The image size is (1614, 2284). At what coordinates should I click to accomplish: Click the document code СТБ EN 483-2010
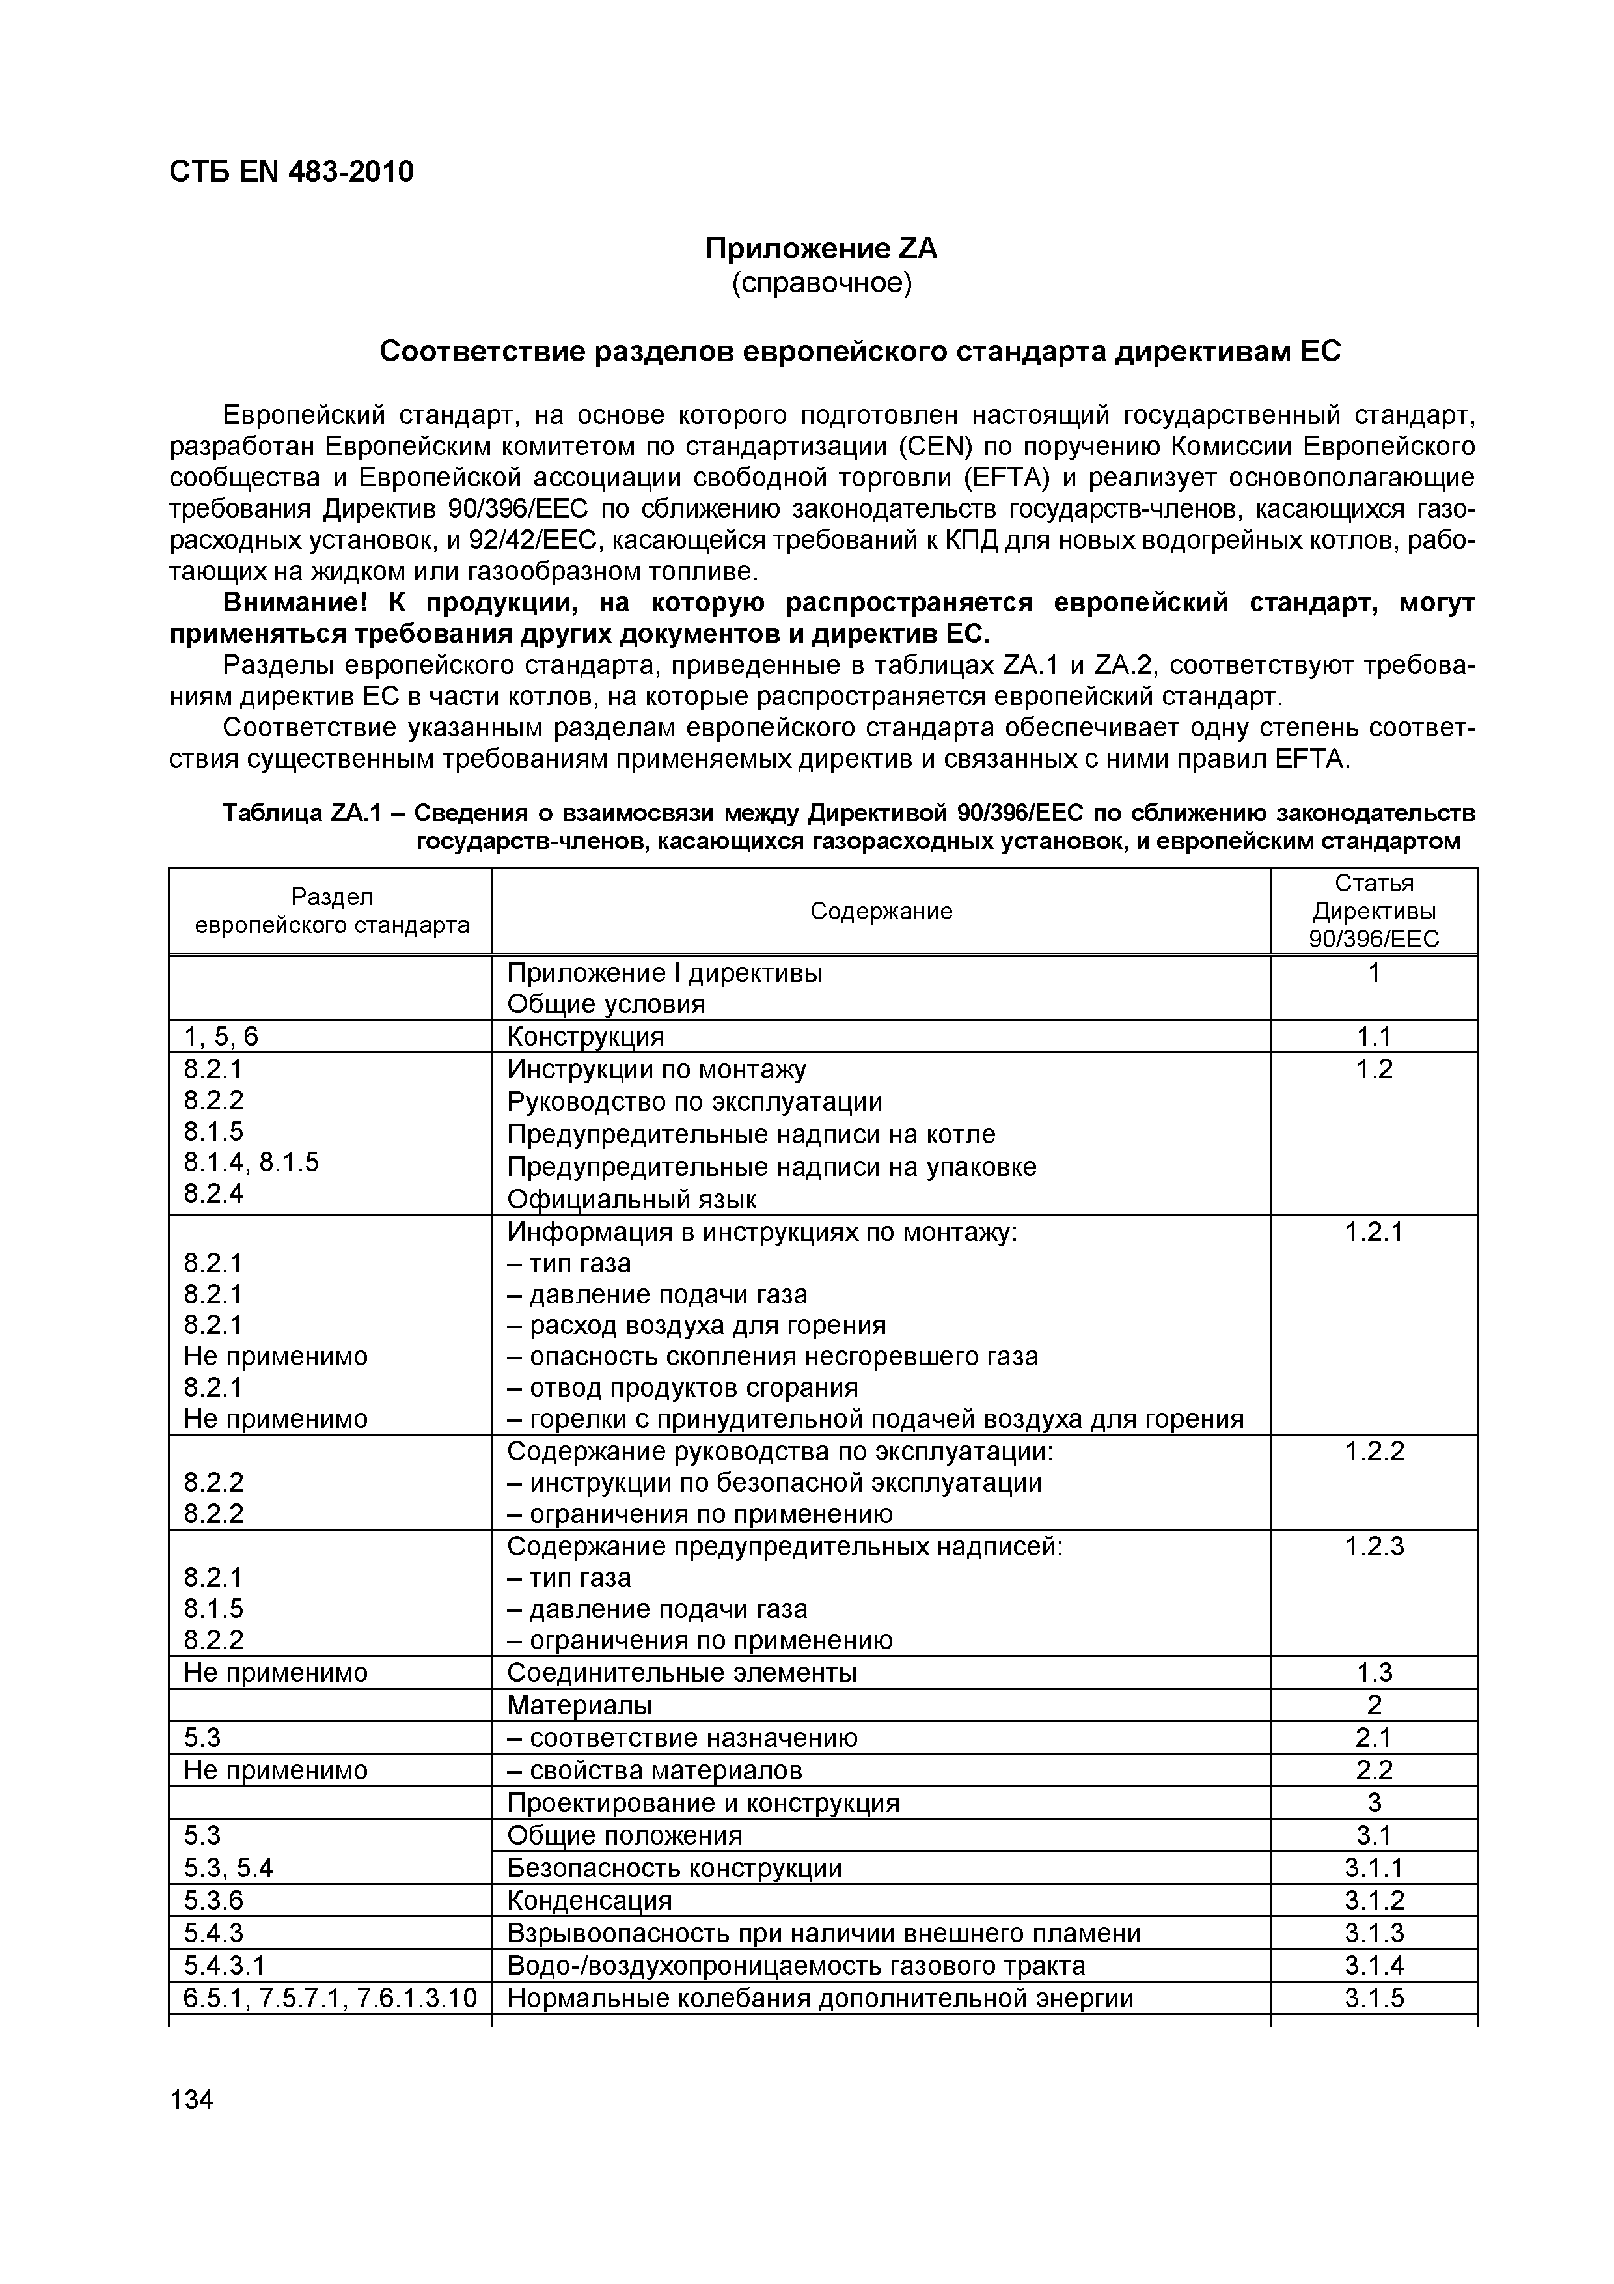pyautogui.click(x=292, y=172)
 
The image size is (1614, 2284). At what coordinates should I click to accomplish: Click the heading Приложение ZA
pyautogui.click(x=821, y=249)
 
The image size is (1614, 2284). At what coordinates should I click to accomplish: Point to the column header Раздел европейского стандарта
pyautogui.click(x=331, y=912)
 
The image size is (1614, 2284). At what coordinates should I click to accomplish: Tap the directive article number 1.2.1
pyautogui.click(x=1373, y=1233)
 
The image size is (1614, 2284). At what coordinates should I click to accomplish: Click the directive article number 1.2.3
pyautogui.click(x=1373, y=1547)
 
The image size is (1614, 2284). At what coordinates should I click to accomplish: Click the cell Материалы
pyautogui.click(x=579, y=1706)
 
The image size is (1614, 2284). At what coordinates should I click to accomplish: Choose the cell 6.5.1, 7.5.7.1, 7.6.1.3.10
pyautogui.click(x=330, y=1999)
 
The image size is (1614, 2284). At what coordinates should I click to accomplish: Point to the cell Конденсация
pyautogui.click(x=589, y=1901)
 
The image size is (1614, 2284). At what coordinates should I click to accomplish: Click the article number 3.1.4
pyautogui.click(x=1373, y=1966)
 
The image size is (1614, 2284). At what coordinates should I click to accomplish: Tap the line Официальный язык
pyautogui.click(x=631, y=1200)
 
